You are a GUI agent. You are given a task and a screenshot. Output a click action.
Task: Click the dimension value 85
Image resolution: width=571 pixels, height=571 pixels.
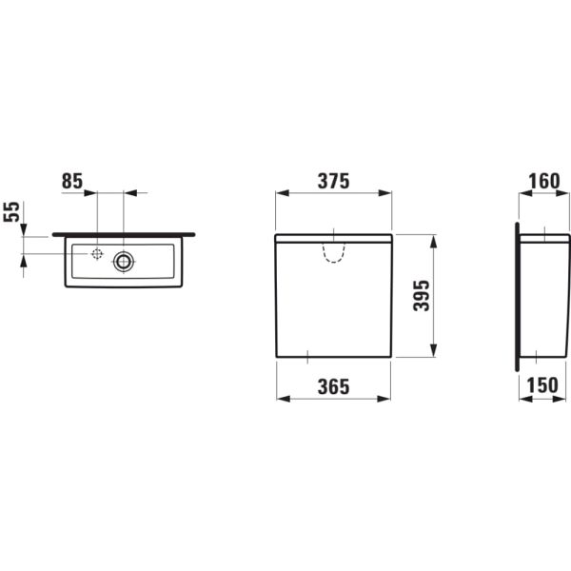click(x=72, y=181)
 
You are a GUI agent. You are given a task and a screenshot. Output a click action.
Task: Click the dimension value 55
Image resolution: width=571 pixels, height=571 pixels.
click(x=11, y=211)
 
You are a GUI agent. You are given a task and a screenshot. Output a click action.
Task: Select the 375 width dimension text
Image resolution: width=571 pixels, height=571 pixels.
click(x=334, y=181)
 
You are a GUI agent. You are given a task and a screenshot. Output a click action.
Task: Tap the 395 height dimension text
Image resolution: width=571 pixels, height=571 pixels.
click(x=422, y=295)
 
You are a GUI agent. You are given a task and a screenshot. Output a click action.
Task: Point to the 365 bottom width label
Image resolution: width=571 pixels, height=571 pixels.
click(x=334, y=386)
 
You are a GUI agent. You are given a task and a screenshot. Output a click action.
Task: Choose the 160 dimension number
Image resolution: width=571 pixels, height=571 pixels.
click(x=544, y=181)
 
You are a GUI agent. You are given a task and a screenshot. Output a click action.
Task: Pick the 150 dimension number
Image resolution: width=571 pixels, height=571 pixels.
click(x=542, y=384)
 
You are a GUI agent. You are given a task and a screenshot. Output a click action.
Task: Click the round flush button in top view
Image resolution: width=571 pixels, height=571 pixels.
click(x=124, y=261)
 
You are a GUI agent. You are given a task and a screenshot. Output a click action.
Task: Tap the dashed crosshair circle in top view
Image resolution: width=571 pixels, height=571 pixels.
click(x=97, y=254)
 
